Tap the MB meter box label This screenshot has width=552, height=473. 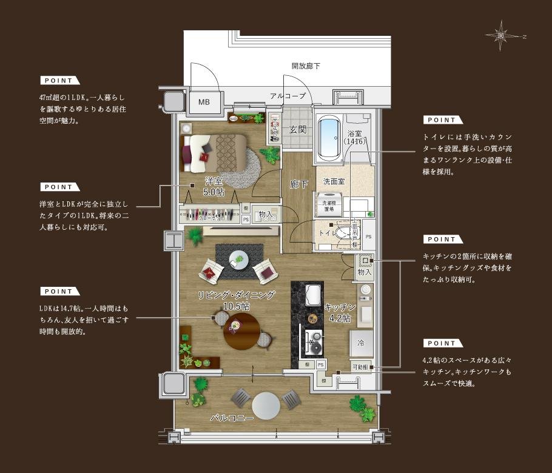coord(204,102)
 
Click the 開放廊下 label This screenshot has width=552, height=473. coord(305,65)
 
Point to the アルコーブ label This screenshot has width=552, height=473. coord(288,96)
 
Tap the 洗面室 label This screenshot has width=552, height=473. coord(334,181)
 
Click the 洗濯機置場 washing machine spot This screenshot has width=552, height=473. coord(328,205)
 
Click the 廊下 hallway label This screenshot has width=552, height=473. coord(298,184)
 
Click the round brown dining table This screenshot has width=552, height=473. coord(241,330)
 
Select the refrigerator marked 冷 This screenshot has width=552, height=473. coord(361,344)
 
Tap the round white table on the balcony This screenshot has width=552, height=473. coord(267,405)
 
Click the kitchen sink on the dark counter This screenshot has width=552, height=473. coord(311,295)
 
